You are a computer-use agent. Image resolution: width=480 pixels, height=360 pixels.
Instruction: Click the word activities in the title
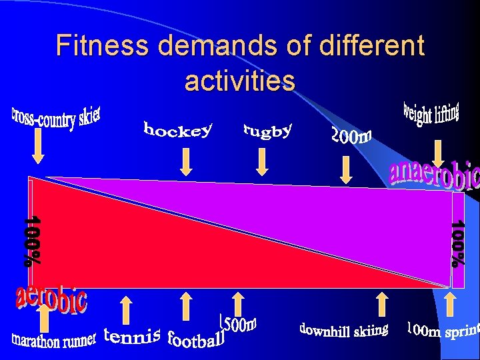tap(239, 81)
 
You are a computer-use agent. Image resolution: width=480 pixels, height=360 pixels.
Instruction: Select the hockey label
tap(178, 129)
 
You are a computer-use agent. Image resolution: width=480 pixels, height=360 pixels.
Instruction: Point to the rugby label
tap(267, 131)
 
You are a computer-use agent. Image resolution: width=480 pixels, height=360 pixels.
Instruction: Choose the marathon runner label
tap(54, 339)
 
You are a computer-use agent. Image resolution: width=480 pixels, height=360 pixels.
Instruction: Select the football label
tap(196, 339)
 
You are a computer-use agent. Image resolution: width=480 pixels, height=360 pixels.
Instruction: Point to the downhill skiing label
tap(343, 330)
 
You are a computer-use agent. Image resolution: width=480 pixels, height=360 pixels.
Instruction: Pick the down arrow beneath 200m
tap(346, 169)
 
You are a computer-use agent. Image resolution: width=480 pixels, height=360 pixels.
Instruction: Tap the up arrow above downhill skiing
tap(382, 303)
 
